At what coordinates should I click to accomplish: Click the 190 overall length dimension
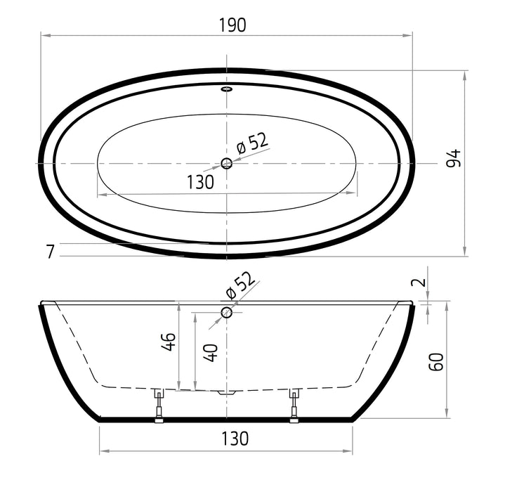(232, 25)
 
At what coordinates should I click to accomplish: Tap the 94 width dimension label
(454, 158)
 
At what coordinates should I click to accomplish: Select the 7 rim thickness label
(50, 252)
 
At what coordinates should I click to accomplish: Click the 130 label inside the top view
(200, 182)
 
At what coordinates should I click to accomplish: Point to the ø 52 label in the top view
(252, 143)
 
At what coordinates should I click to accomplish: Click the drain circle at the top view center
(227, 164)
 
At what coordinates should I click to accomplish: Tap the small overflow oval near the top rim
(227, 89)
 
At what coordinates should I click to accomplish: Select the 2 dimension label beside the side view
(419, 283)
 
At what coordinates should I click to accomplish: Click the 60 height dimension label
(436, 362)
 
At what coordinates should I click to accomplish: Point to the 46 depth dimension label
(169, 342)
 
